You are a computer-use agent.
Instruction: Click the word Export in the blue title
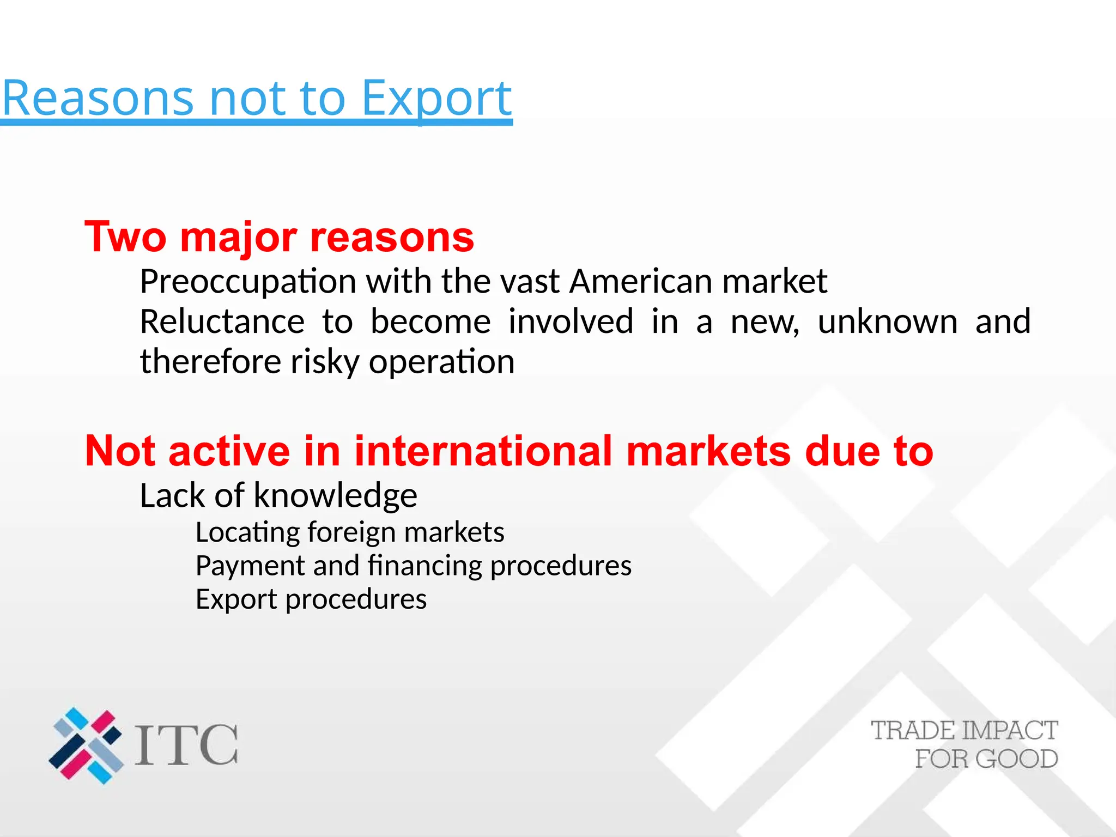(436, 99)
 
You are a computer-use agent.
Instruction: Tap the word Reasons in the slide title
(98, 99)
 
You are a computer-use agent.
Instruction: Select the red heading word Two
(125, 238)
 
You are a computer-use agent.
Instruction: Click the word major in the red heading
(239, 238)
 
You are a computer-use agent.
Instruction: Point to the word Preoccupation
(248, 282)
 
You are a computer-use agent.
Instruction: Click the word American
(640, 281)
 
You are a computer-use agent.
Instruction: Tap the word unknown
(887, 322)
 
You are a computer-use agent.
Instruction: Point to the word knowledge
(335, 496)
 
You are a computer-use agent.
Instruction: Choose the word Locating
(247, 533)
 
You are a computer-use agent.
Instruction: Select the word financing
(424, 566)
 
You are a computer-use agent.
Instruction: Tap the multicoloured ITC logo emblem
(86, 745)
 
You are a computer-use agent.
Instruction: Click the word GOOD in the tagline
(1017, 759)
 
